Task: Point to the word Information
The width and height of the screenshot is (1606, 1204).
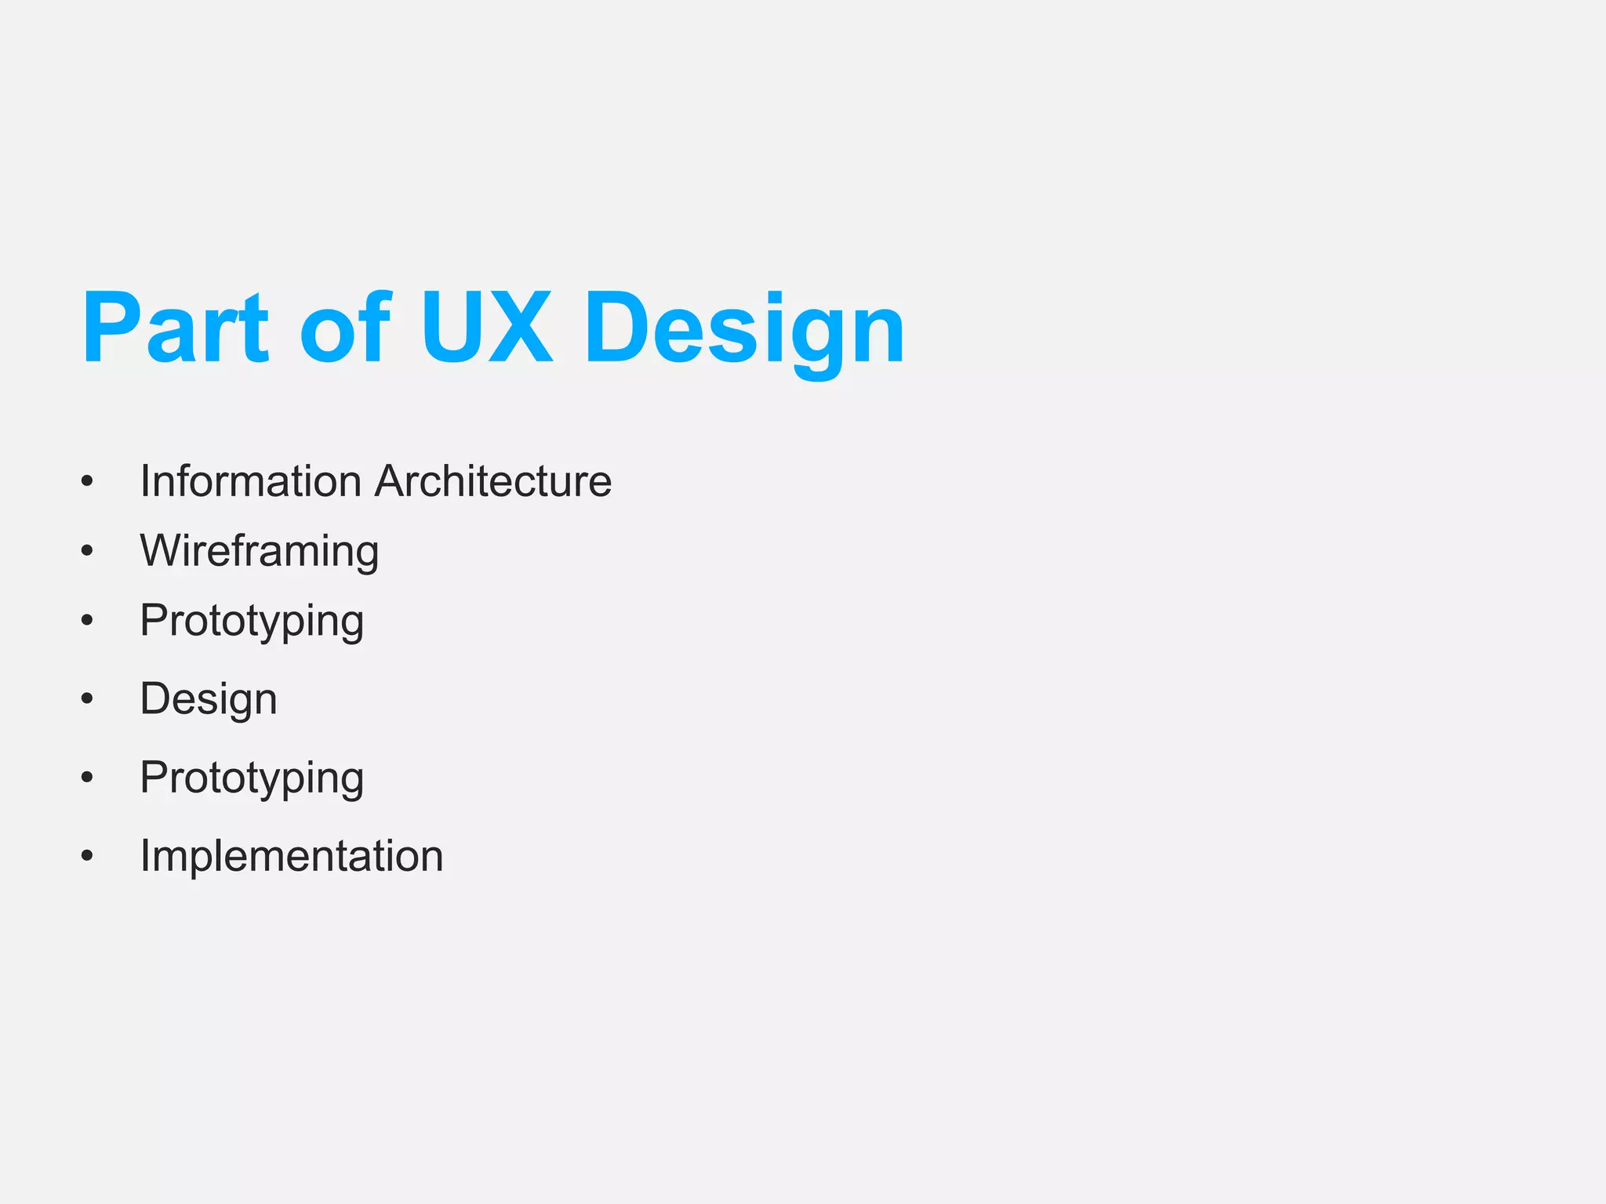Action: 251,481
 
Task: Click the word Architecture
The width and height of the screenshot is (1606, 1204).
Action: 493,481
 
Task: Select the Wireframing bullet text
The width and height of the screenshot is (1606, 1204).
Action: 259,551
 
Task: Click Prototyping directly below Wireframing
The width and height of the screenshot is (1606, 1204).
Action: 252,622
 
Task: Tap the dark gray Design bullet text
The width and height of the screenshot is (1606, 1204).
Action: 208,699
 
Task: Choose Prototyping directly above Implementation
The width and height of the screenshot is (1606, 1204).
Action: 252,778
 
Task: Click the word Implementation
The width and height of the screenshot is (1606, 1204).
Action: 291,855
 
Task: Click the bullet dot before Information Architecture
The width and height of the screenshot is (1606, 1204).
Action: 87,481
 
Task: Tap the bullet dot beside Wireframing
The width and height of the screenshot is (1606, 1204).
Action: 87,551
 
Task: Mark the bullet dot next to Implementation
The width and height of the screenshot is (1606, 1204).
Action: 87,856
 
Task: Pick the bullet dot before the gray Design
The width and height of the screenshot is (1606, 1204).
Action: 87,699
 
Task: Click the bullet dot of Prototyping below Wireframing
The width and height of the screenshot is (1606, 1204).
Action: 87,621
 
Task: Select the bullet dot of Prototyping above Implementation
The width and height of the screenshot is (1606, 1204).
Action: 87,778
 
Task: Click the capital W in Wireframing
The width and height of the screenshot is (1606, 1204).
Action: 160,550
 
